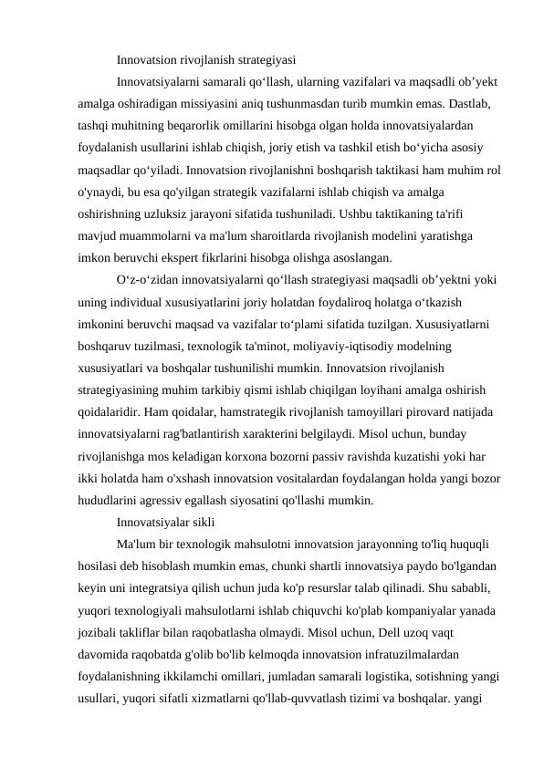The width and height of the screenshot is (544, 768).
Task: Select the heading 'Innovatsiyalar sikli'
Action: pos(165,523)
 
